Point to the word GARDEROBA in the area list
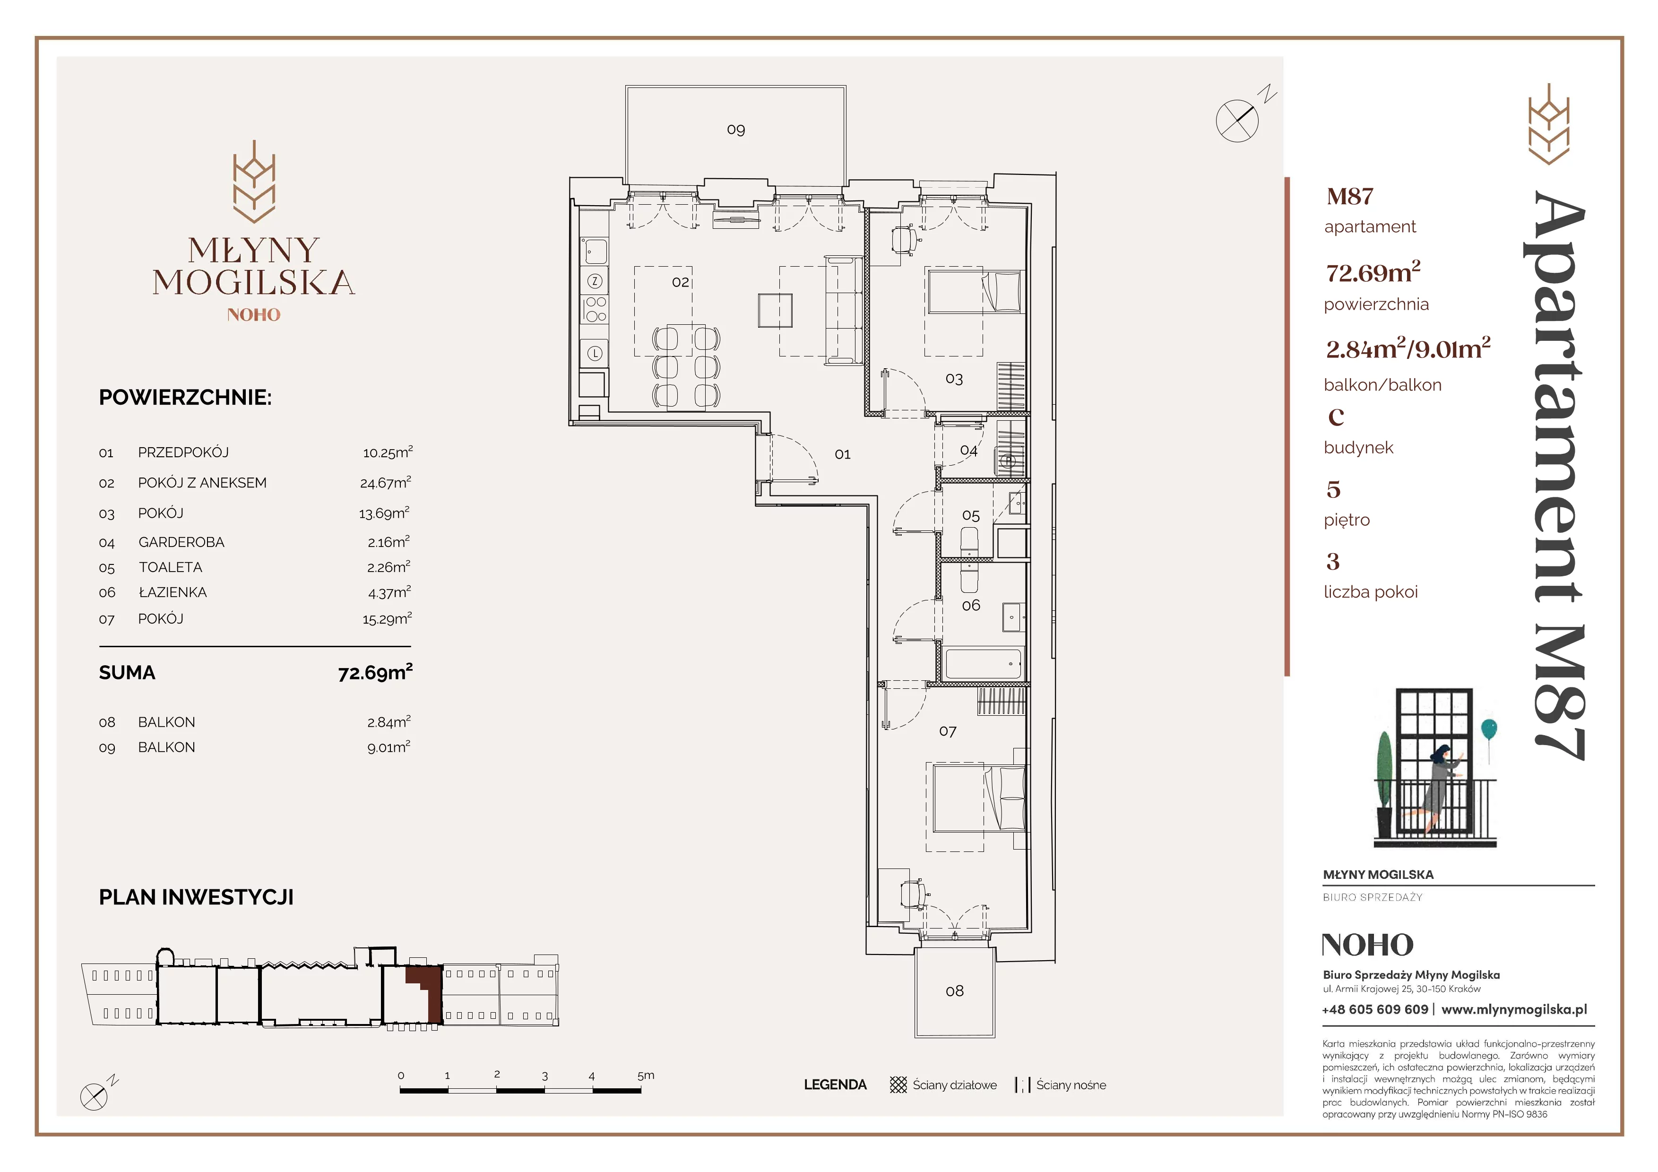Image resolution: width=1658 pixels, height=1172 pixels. coord(181,542)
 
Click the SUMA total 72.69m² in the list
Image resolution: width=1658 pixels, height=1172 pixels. coord(375,672)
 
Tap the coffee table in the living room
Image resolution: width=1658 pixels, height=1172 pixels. coord(775,311)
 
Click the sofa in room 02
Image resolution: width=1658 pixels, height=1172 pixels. coord(844,310)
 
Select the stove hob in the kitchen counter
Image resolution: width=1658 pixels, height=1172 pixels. coord(596,310)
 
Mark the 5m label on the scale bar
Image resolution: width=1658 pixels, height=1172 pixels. coord(646,1075)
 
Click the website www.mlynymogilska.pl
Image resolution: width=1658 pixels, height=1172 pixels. coord(1514,1009)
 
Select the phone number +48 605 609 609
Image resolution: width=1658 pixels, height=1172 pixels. coord(1375,1009)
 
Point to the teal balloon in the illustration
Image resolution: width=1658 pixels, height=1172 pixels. coord(1489,729)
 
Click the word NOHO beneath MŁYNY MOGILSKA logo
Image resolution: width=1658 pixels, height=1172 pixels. coord(253,315)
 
